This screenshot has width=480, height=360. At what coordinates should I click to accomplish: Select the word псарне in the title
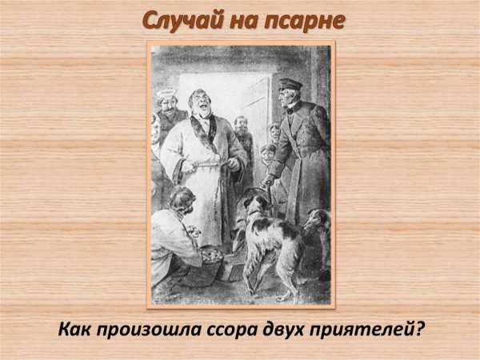(303, 20)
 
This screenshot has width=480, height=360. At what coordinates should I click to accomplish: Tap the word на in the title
(246, 20)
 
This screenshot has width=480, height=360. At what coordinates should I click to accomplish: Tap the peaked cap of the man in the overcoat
(288, 83)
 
